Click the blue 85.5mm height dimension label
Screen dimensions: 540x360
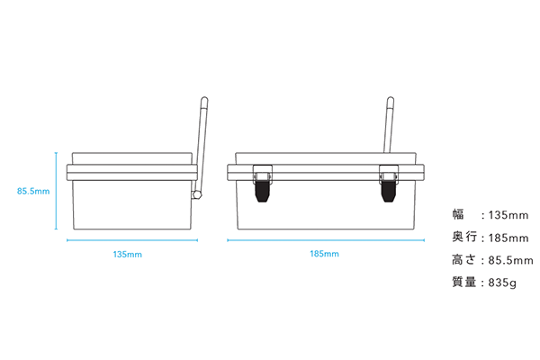click(33, 191)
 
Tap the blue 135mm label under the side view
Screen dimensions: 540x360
click(128, 255)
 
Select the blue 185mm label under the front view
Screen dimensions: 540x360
click(324, 254)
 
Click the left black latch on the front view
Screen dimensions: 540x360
click(263, 191)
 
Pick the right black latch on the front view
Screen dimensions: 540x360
click(389, 191)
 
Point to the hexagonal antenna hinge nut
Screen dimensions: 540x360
click(197, 195)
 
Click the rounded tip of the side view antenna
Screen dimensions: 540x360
click(204, 100)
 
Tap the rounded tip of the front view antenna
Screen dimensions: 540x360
click(391, 100)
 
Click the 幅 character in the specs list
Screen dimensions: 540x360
click(458, 214)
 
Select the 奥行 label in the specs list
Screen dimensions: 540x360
click(464, 237)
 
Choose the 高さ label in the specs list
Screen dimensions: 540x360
click(464, 260)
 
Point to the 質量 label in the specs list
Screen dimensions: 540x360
click(464, 282)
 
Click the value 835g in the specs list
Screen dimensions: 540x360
click(502, 283)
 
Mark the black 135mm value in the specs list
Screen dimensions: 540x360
click(508, 215)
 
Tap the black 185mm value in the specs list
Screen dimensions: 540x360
click(508, 238)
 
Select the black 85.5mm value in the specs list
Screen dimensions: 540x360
click(510, 260)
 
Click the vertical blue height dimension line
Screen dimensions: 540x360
click(56, 191)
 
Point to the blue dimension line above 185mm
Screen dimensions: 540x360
click(326, 240)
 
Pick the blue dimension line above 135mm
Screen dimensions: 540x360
click(132, 240)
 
